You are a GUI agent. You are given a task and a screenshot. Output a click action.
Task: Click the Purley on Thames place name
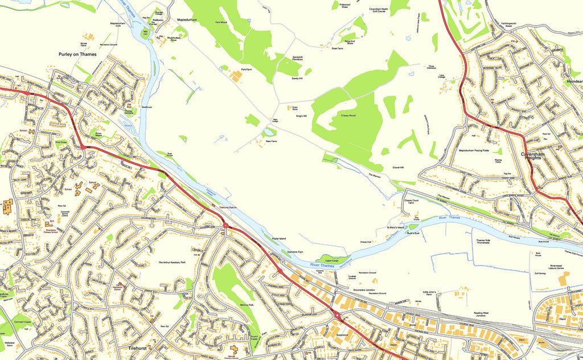pos(77,55)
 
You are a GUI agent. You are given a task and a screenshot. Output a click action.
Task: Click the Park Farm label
pos(246,69)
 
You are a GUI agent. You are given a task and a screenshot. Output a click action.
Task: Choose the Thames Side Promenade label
pos(483,242)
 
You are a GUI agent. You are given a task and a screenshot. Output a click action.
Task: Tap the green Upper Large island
pos(331,260)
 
